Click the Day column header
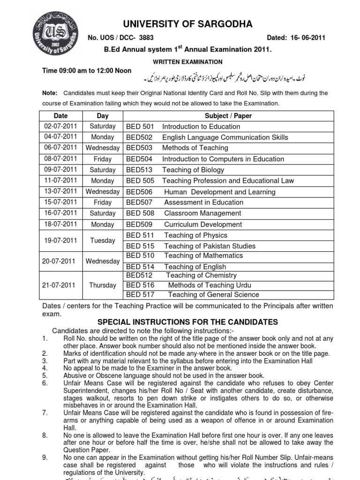(x=103, y=116)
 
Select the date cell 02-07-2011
(x=60, y=127)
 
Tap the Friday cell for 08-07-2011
(x=103, y=159)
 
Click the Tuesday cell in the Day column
(x=103, y=240)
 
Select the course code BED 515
(x=140, y=246)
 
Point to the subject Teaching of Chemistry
(x=201, y=275)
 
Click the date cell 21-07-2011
(x=60, y=285)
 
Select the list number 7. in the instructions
(x=45, y=412)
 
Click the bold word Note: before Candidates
(x=50, y=93)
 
